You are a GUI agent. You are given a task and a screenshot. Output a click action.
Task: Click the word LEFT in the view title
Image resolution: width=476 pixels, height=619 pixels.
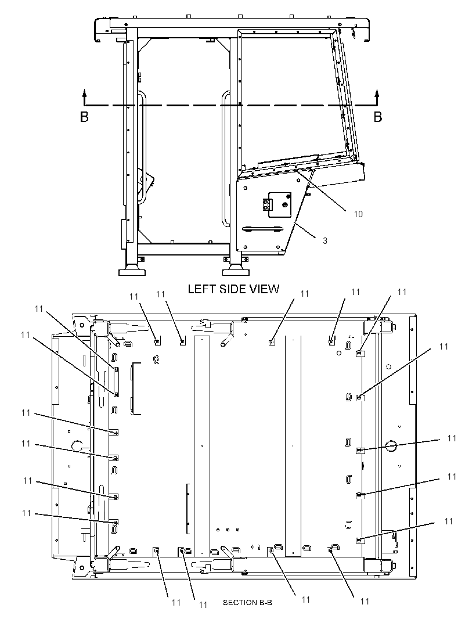coord(201,289)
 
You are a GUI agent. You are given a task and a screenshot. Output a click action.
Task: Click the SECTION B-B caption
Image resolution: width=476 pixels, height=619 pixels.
coord(247,602)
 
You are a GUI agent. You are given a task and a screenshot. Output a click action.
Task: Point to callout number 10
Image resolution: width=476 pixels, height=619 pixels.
coord(358,214)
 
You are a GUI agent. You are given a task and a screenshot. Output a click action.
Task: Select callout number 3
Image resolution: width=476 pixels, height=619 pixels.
coord(325,241)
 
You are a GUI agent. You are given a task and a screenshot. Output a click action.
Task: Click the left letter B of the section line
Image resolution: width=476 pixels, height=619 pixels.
coord(85,117)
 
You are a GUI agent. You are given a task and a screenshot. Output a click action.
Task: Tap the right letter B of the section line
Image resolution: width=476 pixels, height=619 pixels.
coord(378,117)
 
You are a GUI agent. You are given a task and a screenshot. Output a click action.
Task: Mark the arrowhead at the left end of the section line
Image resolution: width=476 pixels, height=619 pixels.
coord(85,93)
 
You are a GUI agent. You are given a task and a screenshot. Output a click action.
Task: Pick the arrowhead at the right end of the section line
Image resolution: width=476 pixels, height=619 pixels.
coord(377,93)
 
